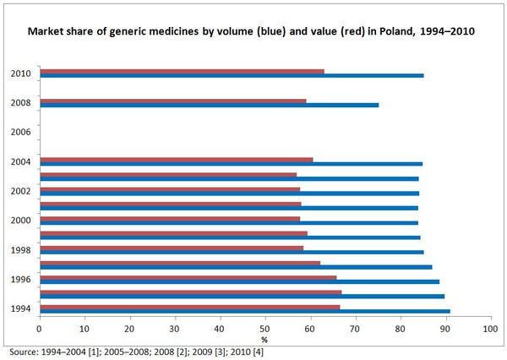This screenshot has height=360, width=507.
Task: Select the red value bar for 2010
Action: [182, 71]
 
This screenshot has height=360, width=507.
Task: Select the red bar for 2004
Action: [176, 160]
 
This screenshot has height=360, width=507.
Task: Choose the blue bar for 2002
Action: [229, 194]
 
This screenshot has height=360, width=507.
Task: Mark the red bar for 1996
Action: [188, 277]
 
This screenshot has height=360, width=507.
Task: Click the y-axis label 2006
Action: [20, 133]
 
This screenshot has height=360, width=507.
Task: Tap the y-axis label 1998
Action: [20, 250]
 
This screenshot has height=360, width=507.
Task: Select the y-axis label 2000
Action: [20, 221]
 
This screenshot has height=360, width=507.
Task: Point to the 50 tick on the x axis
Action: [264, 326]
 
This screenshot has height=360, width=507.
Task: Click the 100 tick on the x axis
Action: [488, 326]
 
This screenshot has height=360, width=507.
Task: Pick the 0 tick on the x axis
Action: [39, 326]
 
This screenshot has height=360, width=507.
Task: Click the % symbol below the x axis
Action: [264, 338]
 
